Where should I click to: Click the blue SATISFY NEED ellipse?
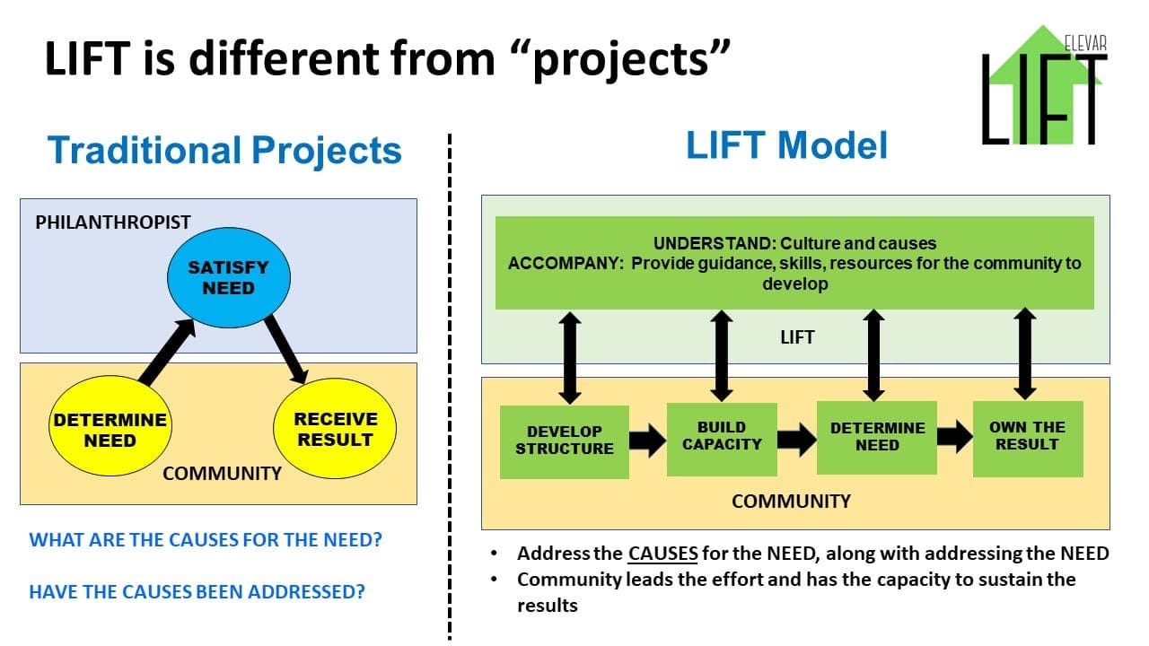228,278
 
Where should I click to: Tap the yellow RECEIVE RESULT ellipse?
335,430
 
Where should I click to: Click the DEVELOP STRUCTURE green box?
565,441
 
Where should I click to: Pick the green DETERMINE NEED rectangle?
877,437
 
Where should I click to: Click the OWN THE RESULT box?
1028,437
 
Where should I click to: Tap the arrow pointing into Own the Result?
955,437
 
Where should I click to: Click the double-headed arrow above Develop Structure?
568,357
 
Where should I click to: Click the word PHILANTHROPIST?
113,222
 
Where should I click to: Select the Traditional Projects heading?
224,150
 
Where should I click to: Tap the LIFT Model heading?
787,145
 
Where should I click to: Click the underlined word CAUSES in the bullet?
662,554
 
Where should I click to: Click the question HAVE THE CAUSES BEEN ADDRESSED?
197,592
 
